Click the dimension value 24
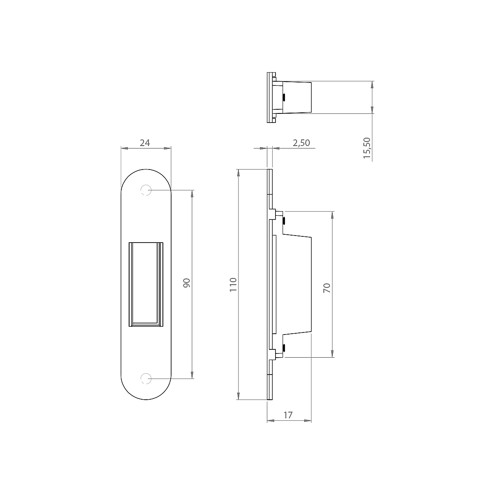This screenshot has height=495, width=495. [145, 143]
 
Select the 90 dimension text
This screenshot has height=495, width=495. [187, 283]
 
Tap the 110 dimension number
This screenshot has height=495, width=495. [233, 284]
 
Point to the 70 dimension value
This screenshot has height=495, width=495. [327, 288]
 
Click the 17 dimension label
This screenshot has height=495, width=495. [288, 415]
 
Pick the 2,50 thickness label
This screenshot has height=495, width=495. [302, 143]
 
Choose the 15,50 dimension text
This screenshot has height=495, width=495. [367, 148]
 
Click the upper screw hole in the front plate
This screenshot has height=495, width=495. [146, 190]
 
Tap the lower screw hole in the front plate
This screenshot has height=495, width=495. [146, 379]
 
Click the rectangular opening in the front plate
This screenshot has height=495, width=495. [146, 284]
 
